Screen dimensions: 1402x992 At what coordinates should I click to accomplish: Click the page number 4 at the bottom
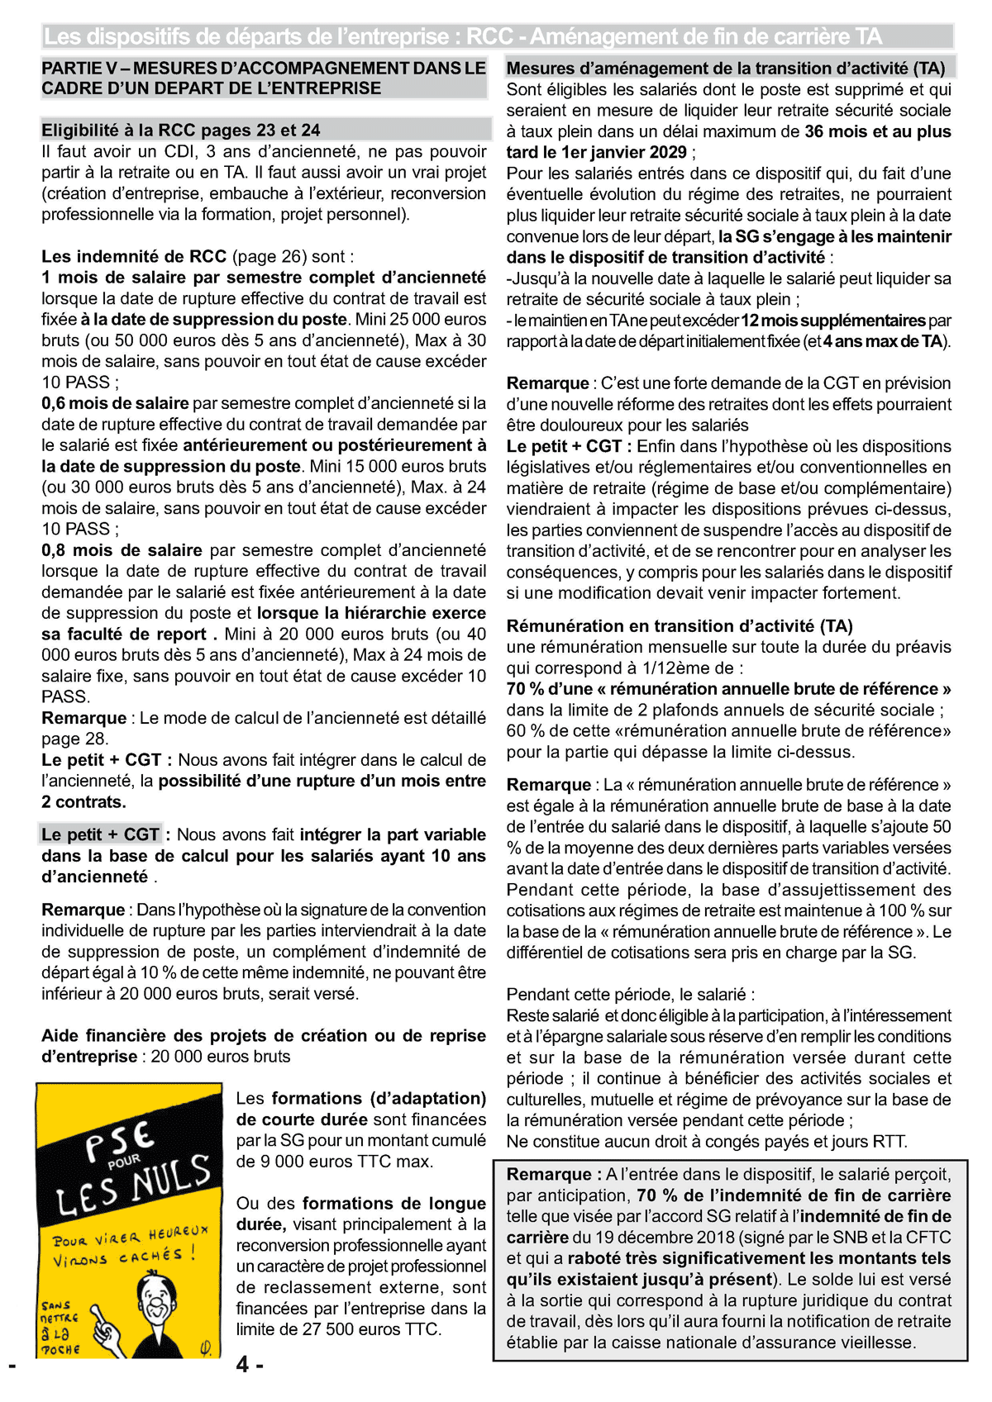click(243, 1365)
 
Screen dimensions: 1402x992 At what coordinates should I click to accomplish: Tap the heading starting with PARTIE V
click(264, 78)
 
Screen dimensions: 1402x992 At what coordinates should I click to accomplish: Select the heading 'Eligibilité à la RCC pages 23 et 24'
click(181, 130)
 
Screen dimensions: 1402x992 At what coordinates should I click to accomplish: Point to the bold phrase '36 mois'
click(835, 131)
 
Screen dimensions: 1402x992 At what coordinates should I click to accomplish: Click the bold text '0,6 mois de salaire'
click(115, 403)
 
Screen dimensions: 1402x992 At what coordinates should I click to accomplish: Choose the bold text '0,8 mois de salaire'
click(122, 550)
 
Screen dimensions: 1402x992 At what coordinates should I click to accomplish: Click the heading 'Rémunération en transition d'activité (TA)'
click(680, 626)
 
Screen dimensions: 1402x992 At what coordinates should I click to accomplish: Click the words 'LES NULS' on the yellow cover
click(133, 1186)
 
